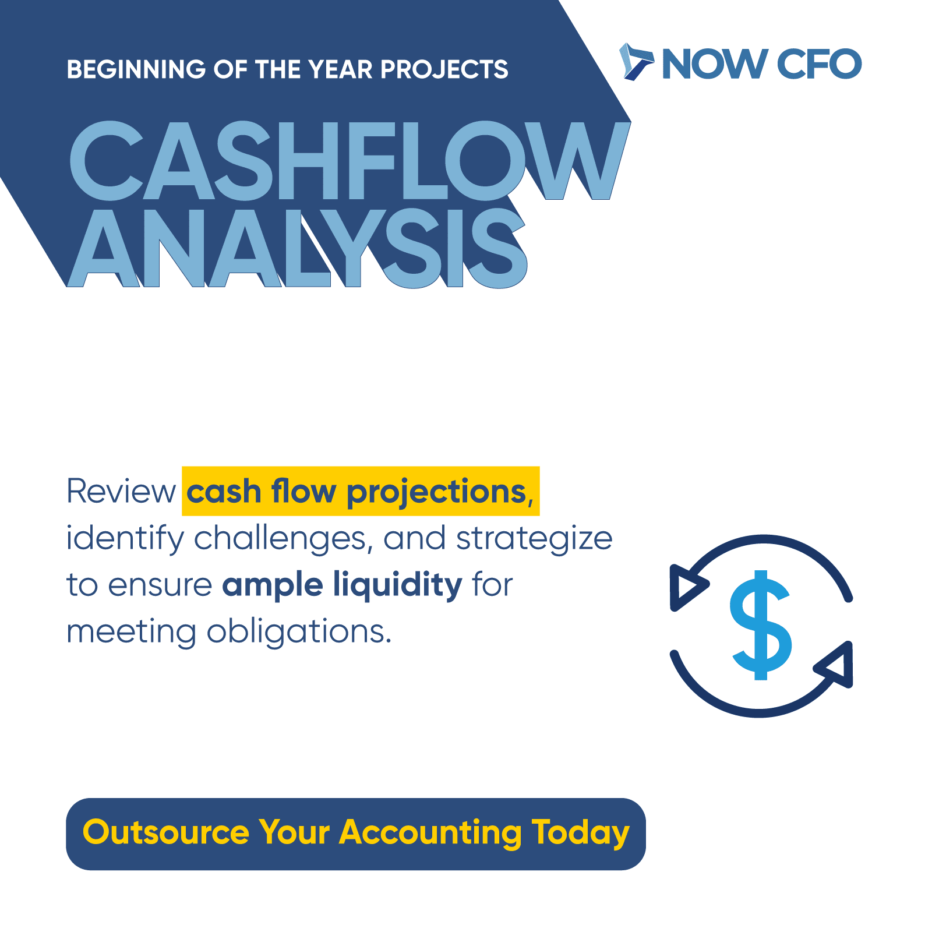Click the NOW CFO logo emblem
pyautogui.click(x=636, y=61)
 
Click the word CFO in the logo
pyautogui.click(x=819, y=63)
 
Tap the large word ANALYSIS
pyautogui.click(x=298, y=248)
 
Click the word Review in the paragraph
pyautogui.click(x=121, y=491)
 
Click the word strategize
pyautogui.click(x=534, y=539)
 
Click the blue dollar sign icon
pyautogui.click(x=761, y=625)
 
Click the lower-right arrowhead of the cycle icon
pyautogui.click(x=835, y=665)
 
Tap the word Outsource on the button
pyautogui.click(x=166, y=832)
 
